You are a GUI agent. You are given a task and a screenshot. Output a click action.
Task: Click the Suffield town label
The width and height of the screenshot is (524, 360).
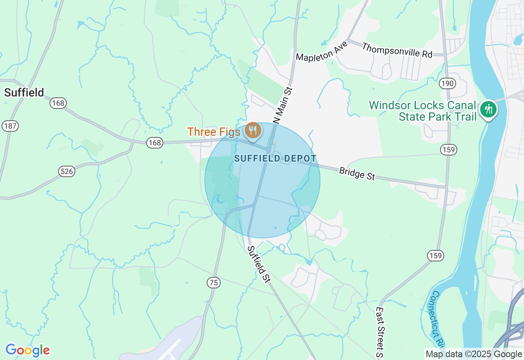pyautogui.click(x=24, y=92)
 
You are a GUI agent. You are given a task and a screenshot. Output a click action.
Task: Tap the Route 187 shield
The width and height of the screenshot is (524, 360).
pyautogui.click(x=10, y=126)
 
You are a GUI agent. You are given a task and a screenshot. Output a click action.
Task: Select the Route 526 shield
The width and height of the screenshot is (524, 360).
pyautogui.click(x=66, y=171)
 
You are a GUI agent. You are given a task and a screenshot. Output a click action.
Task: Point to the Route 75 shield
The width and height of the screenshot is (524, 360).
pyautogui.click(x=213, y=283)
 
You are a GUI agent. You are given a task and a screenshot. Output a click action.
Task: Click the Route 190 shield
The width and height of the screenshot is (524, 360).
pyautogui.click(x=447, y=84)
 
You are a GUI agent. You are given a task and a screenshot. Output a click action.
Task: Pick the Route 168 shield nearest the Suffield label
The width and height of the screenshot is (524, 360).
pyautogui.click(x=58, y=103)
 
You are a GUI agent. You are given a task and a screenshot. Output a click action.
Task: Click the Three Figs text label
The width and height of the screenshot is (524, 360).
pyautogui.click(x=214, y=132)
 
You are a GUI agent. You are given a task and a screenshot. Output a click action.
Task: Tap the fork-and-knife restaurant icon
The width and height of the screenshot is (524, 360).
pyautogui.click(x=253, y=131)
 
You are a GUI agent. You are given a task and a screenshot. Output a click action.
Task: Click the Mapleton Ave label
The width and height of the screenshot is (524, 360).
pyautogui.click(x=322, y=51)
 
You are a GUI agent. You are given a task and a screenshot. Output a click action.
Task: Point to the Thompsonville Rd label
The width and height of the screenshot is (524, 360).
pyautogui.click(x=397, y=50)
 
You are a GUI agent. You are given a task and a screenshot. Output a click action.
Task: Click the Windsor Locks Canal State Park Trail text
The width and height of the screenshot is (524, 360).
pyautogui.click(x=423, y=111)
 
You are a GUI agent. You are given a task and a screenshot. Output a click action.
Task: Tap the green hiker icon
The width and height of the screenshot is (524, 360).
pyautogui.click(x=488, y=109)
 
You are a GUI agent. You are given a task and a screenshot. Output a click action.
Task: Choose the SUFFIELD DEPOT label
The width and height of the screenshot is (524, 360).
pyautogui.click(x=276, y=158)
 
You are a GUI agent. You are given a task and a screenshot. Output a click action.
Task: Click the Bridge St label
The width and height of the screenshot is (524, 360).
pyautogui.click(x=357, y=173)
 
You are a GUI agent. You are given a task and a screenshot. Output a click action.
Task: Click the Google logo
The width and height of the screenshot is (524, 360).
pyautogui.click(x=27, y=350)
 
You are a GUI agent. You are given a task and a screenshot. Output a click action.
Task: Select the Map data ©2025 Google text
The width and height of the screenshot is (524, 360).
pyautogui.click(x=474, y=354)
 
